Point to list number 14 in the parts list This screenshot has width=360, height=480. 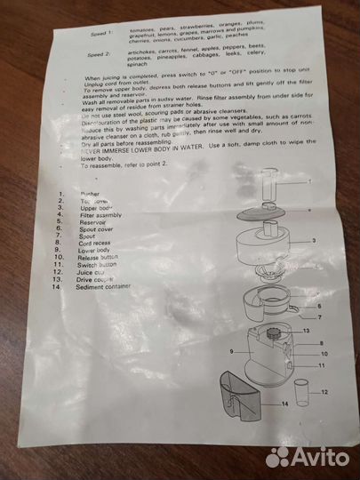58,286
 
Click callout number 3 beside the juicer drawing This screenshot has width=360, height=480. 314,241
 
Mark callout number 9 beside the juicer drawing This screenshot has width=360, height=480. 230,352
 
